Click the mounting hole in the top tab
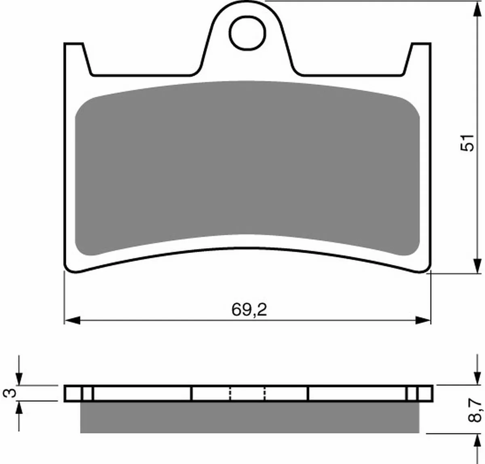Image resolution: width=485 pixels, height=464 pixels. tap(247, 33)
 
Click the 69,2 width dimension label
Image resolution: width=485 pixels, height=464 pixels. tap(249, 310)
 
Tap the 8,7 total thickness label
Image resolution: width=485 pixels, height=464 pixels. tap(474, 410)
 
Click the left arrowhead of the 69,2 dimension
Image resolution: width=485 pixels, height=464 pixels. tap(72, 321)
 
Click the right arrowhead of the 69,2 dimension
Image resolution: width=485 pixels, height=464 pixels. tap(423, 321)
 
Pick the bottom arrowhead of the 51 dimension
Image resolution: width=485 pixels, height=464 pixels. tap(477, 266)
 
